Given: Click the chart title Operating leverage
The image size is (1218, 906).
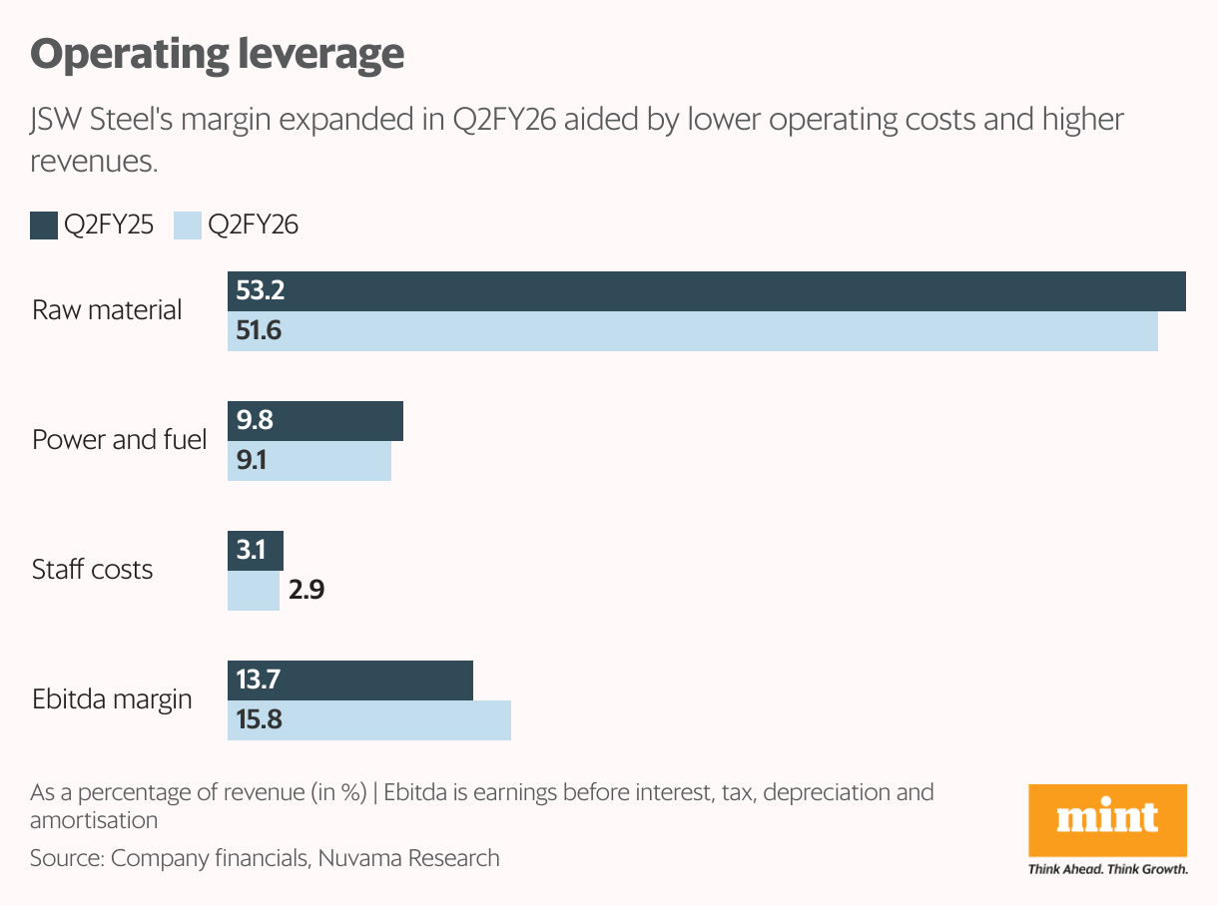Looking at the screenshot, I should coord(218,54).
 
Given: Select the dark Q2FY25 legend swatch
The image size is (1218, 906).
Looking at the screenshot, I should coord(44,225).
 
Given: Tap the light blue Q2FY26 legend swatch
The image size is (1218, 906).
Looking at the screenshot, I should coord(188,225).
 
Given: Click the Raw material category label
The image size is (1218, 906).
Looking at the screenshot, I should coord(107,310).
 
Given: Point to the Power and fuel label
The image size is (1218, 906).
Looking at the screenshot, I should coord(119,440).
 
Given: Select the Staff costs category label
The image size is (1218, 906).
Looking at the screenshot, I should coord(92,570).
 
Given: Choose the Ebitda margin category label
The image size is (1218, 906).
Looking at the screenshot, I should coord(111,699).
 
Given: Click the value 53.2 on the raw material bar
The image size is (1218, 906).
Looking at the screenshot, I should coord(260,291).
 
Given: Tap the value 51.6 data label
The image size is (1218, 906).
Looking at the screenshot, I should coord(259,331).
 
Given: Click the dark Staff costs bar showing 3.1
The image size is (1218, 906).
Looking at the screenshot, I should coord(256,551).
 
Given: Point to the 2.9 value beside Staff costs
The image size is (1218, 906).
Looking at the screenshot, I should coord(306,591).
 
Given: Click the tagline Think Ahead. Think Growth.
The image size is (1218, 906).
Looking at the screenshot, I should coord(1107,869).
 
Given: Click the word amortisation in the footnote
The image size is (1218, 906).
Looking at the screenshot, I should coord(94,820).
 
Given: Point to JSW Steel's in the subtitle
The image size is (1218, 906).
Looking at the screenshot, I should coord(90,121).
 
